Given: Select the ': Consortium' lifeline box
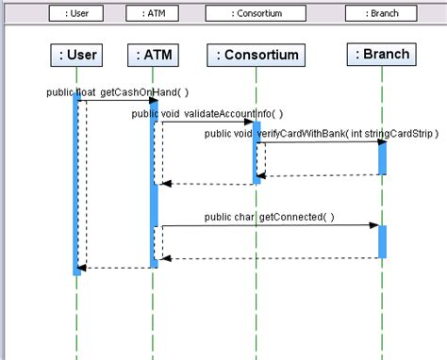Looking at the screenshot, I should pyautogui.click(x=256, y=55).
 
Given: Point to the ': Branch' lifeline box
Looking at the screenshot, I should pyautogui.click(x=380, y=54).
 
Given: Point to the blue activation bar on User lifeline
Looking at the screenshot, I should pyautogui.click(x=77, y=184).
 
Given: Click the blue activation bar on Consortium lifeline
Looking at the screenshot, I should pyautogui.click(x=256, y=151).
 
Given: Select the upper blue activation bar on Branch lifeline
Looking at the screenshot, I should pyautogui.click(x=382, y=157).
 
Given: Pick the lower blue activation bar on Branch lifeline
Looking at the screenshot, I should pyautogui.click(x=382, y=241).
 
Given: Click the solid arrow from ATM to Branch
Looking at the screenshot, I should pyautogui.click(x=269, y=226).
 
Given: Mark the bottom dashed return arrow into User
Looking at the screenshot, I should pyautogui.click(x=113, y=268).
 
